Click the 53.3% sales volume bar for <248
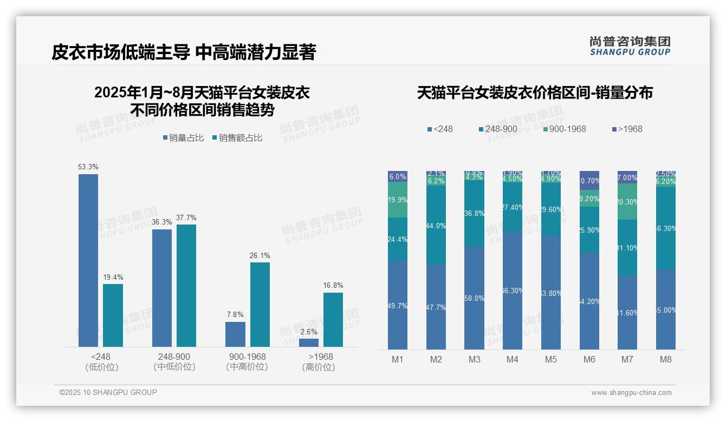88,260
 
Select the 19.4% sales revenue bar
113,315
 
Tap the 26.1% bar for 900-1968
260,305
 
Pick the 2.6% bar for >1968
309,342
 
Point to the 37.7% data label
186,218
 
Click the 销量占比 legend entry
183,138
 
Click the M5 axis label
551,359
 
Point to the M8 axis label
665,359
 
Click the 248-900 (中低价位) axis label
174,362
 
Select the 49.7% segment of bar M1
398,306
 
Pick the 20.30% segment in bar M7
627,202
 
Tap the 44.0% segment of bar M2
436,226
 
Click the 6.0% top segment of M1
398,176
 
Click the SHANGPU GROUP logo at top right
630,46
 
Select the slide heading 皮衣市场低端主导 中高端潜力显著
184,52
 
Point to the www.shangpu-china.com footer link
631,393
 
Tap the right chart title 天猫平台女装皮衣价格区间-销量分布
535,93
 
